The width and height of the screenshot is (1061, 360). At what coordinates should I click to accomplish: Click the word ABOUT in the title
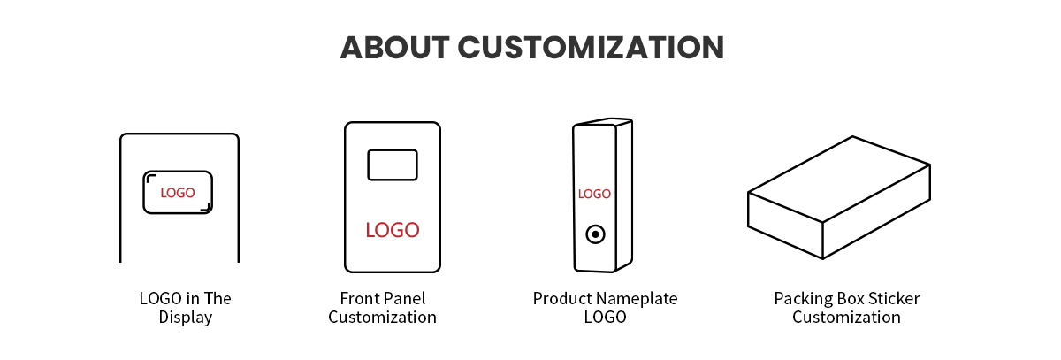(x=394, y=48)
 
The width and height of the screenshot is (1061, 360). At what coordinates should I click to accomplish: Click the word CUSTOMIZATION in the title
(x=591, y=48)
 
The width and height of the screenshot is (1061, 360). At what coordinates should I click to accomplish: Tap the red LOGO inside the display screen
(x=178, y=193)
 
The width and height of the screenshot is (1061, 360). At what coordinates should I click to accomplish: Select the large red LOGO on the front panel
(x=393, y=230)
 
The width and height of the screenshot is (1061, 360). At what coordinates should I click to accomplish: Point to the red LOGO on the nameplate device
(x=594, y=194)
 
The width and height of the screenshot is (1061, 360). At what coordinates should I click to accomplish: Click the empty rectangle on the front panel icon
(x=393, y=165)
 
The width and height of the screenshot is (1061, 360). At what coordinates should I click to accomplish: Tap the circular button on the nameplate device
(x=595, y=234)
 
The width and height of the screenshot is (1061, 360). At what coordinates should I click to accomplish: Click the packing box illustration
(x=839, y=197)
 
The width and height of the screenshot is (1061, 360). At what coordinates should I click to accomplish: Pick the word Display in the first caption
(x=185, y=318)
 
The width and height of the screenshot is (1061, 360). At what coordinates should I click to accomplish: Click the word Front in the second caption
(x=360, y=298)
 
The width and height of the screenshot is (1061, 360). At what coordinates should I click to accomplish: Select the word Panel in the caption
(x=404, y=298)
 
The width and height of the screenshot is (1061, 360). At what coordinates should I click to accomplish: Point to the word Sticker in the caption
(x=892, y=298)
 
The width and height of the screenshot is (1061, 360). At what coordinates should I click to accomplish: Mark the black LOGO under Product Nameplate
(x=605, y=317)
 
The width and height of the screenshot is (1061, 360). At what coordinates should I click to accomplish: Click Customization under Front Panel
(x=382, y=317)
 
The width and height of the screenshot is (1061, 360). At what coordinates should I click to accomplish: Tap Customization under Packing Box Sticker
(x=846, y=317)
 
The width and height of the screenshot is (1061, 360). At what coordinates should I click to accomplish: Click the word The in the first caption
(x=218, y=298)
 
